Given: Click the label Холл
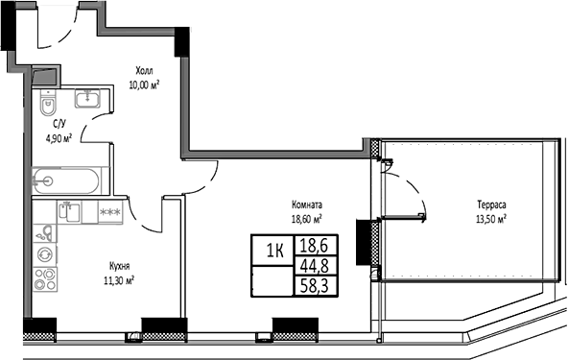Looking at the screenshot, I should pyautogui.click(x=144, y=70).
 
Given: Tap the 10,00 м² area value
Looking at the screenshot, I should pyautogui.click(x=144, y=84).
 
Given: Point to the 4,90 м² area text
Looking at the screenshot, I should pyautogui.click(x=59, y=136).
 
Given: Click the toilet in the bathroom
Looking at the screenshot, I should pyautogui.click(x=49, y=101).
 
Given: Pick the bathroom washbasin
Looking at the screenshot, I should pyautogui.click(x=88, y=98).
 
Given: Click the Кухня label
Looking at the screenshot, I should pyautogui.click(x=119, y=266).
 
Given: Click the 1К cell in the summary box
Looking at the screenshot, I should pyautogui.click(x=273, y=252).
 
